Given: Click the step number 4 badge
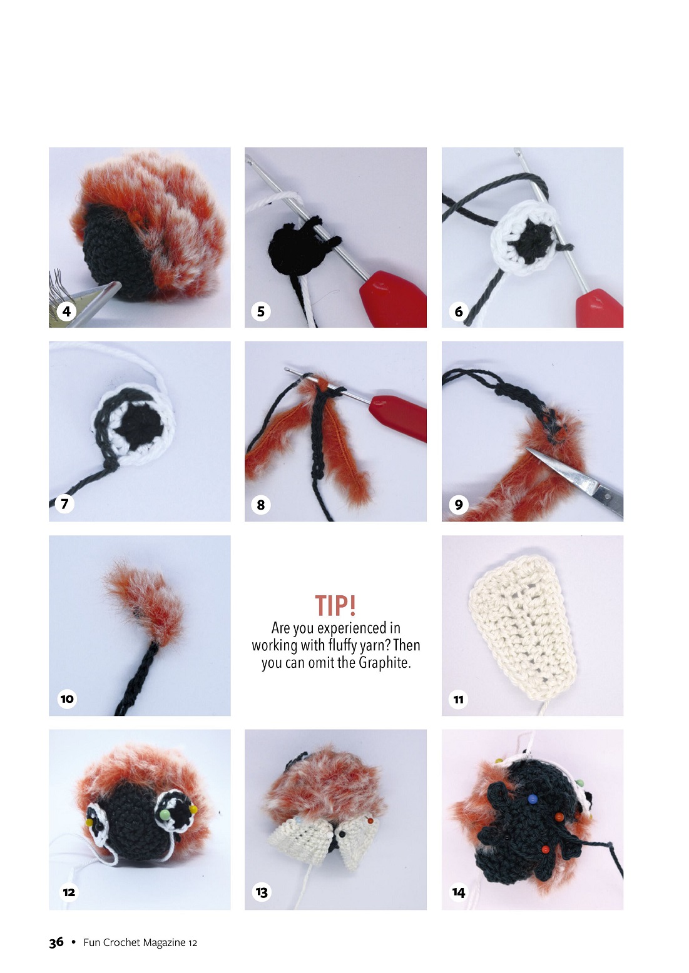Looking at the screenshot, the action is [x=66, y=311].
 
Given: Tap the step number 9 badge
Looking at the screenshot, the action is [x=459, y=504].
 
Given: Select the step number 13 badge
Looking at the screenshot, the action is [x=262, y=892].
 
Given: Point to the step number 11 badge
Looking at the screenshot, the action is [x=459, y=699].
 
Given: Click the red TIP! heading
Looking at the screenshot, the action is [x=335, y=605].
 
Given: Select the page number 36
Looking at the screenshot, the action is [x=56, y=942].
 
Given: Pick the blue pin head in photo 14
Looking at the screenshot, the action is [x=533, y=799].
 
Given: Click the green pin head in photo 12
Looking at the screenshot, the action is [x=165, y=814].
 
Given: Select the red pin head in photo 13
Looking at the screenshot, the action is [x=370, y=820].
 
